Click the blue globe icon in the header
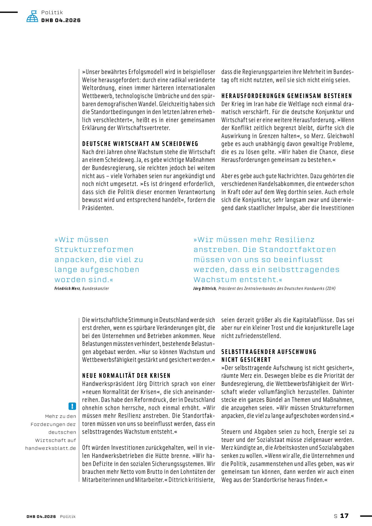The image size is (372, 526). [32, 17]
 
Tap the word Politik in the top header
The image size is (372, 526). [52, 12]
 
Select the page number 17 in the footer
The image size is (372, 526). [344, 516]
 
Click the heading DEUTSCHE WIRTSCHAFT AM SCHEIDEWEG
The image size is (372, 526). [140, 144]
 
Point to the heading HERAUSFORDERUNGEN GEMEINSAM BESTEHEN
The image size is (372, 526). [286, 96]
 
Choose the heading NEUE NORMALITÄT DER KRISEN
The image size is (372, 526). [126, 376]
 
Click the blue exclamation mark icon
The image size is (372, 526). [72, 406]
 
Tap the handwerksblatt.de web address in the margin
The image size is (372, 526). [50, 448]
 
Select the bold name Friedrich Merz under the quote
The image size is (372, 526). [67, 288]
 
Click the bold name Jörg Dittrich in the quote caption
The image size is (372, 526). [205, 288]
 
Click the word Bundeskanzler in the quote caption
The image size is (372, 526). [95, 288]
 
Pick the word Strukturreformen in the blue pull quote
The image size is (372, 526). [94, 249]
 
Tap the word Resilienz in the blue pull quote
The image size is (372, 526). [294, 240]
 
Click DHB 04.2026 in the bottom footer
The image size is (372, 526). [41, 516]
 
